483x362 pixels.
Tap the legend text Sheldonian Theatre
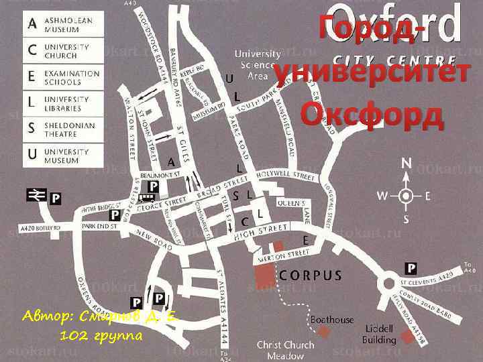[70, 129]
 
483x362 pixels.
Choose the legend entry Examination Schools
[72, 77]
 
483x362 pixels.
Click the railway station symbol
[35, 194]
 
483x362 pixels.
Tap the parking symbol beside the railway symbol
[56, 198]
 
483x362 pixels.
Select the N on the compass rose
[407, 163]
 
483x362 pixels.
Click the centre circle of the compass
[406, 196]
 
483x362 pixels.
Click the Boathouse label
[332, 320]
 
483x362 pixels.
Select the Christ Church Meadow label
[285, 350]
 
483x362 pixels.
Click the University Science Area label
[258, 64]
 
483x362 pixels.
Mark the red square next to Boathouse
[325, 333]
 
